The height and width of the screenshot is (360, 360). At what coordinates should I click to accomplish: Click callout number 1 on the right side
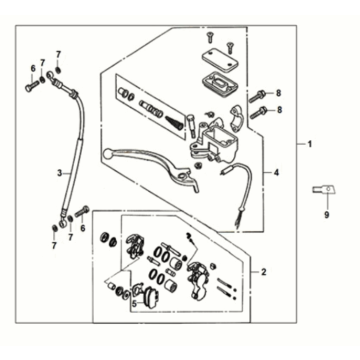309,145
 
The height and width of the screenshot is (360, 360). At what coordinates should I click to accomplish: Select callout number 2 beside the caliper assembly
263,271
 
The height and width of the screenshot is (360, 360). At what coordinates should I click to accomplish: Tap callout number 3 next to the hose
59,171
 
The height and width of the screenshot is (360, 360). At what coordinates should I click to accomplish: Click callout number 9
325,214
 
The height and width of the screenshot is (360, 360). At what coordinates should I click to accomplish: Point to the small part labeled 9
323,189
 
